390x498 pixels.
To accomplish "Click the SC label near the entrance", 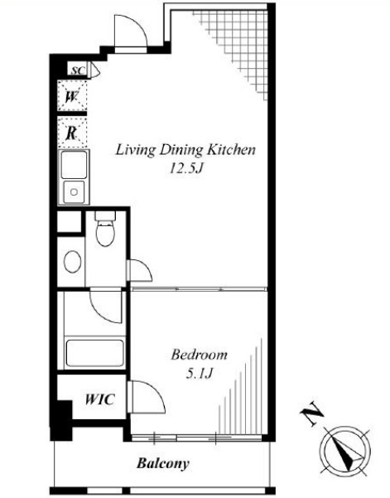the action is (78, 70).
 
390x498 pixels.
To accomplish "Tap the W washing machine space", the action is (72, 96).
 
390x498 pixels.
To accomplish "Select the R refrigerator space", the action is (72, 133).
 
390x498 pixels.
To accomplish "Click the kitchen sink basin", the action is (74, 192).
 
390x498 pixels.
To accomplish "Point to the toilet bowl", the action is (105, 234).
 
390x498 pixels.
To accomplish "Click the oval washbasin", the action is (72, 261).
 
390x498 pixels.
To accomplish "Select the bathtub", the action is (94, 353).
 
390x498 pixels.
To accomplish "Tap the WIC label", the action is (99, 399).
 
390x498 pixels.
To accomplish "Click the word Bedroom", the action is (200, 355).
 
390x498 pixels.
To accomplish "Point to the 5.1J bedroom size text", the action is (199, 374).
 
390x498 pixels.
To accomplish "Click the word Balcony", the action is (163, 463).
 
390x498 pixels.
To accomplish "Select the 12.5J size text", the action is (186, 168).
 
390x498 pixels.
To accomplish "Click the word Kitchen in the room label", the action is (231, 150).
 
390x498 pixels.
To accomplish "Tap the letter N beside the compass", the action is (312, 413).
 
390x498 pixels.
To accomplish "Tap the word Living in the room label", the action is (136, 150).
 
